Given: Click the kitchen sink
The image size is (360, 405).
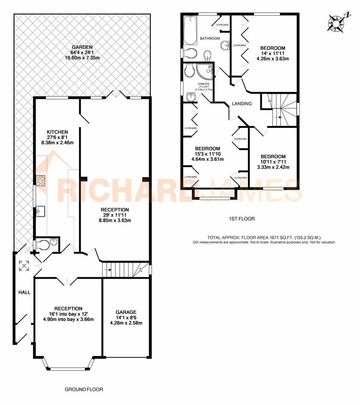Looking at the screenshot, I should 40,211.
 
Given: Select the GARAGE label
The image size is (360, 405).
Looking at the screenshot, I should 126,312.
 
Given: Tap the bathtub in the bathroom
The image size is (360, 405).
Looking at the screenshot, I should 188,30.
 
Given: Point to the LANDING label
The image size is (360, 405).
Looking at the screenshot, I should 241,104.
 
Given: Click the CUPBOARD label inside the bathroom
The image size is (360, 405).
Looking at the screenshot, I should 222,25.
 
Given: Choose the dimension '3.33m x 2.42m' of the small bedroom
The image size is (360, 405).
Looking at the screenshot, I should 273,167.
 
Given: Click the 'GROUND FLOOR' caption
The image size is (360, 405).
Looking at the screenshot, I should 84,389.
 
